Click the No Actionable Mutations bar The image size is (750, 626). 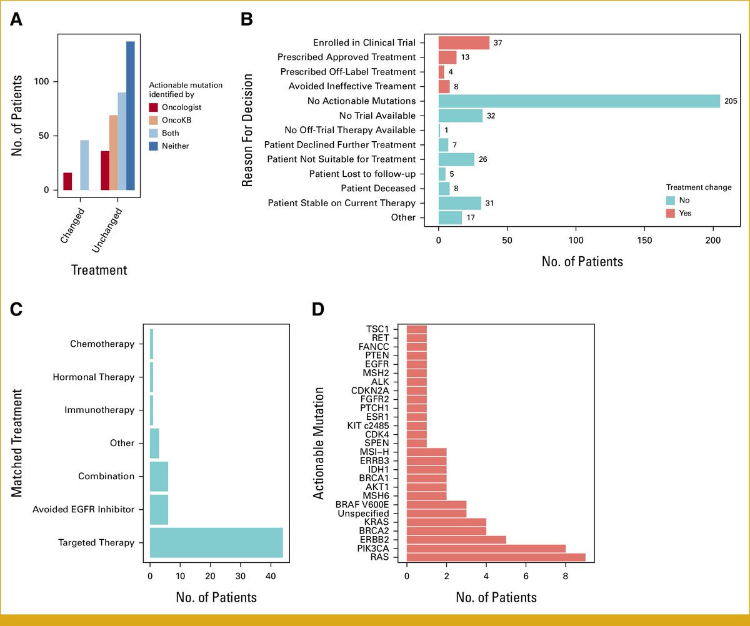coord(579,101)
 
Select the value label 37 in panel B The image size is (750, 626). coord(497,42)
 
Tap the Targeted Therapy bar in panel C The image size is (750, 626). coord(216,542)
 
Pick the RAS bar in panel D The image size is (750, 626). coord(496,557)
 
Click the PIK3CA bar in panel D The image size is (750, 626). coord(486,548)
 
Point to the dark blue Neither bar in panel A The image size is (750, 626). coord(130,116)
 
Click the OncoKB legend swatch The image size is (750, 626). coord(154,121)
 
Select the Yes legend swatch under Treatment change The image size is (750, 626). coord(671,213)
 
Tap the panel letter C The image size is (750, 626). coord(17,309)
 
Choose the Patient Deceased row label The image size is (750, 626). coord(378,188)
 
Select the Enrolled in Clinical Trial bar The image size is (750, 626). coord(464,42)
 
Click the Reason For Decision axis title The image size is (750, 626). coord(248,130)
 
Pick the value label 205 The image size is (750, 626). coord(731,101)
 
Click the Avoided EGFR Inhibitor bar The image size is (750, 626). coord(159,509)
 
